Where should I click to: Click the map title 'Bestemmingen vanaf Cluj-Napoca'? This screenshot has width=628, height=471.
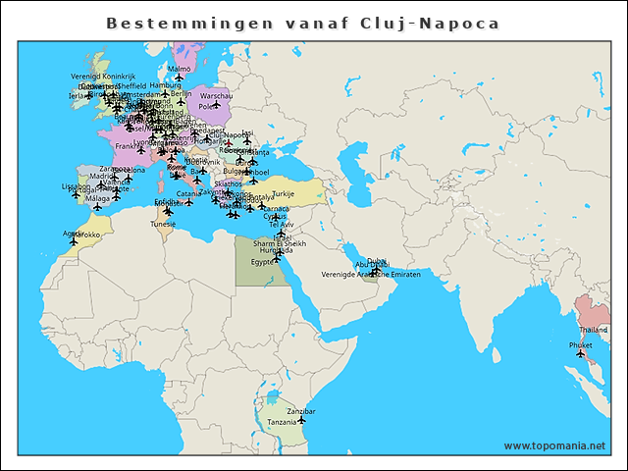[302, 23]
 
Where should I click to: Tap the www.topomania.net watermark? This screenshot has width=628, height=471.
[554, 445]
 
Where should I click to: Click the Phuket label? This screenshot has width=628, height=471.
[580, 345]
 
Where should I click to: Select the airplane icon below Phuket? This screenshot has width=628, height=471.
[581, 355]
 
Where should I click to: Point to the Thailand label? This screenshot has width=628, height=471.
[593, 331]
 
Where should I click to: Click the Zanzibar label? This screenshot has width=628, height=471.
[300, 411]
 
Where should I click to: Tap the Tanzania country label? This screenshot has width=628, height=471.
[283, 422]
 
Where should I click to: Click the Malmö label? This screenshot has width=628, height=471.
[180, 69]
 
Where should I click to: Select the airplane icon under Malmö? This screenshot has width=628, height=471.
[180, 78]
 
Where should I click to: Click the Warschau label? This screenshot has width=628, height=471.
[216, 96]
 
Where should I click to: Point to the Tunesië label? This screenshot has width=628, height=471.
[163, 224]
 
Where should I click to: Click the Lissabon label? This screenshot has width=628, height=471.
[76, 185]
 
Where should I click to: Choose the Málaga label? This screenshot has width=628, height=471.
[98, 198]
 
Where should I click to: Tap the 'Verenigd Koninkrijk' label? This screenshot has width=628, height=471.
[102, 76]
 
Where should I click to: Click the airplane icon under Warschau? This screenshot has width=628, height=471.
[216, 105]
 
